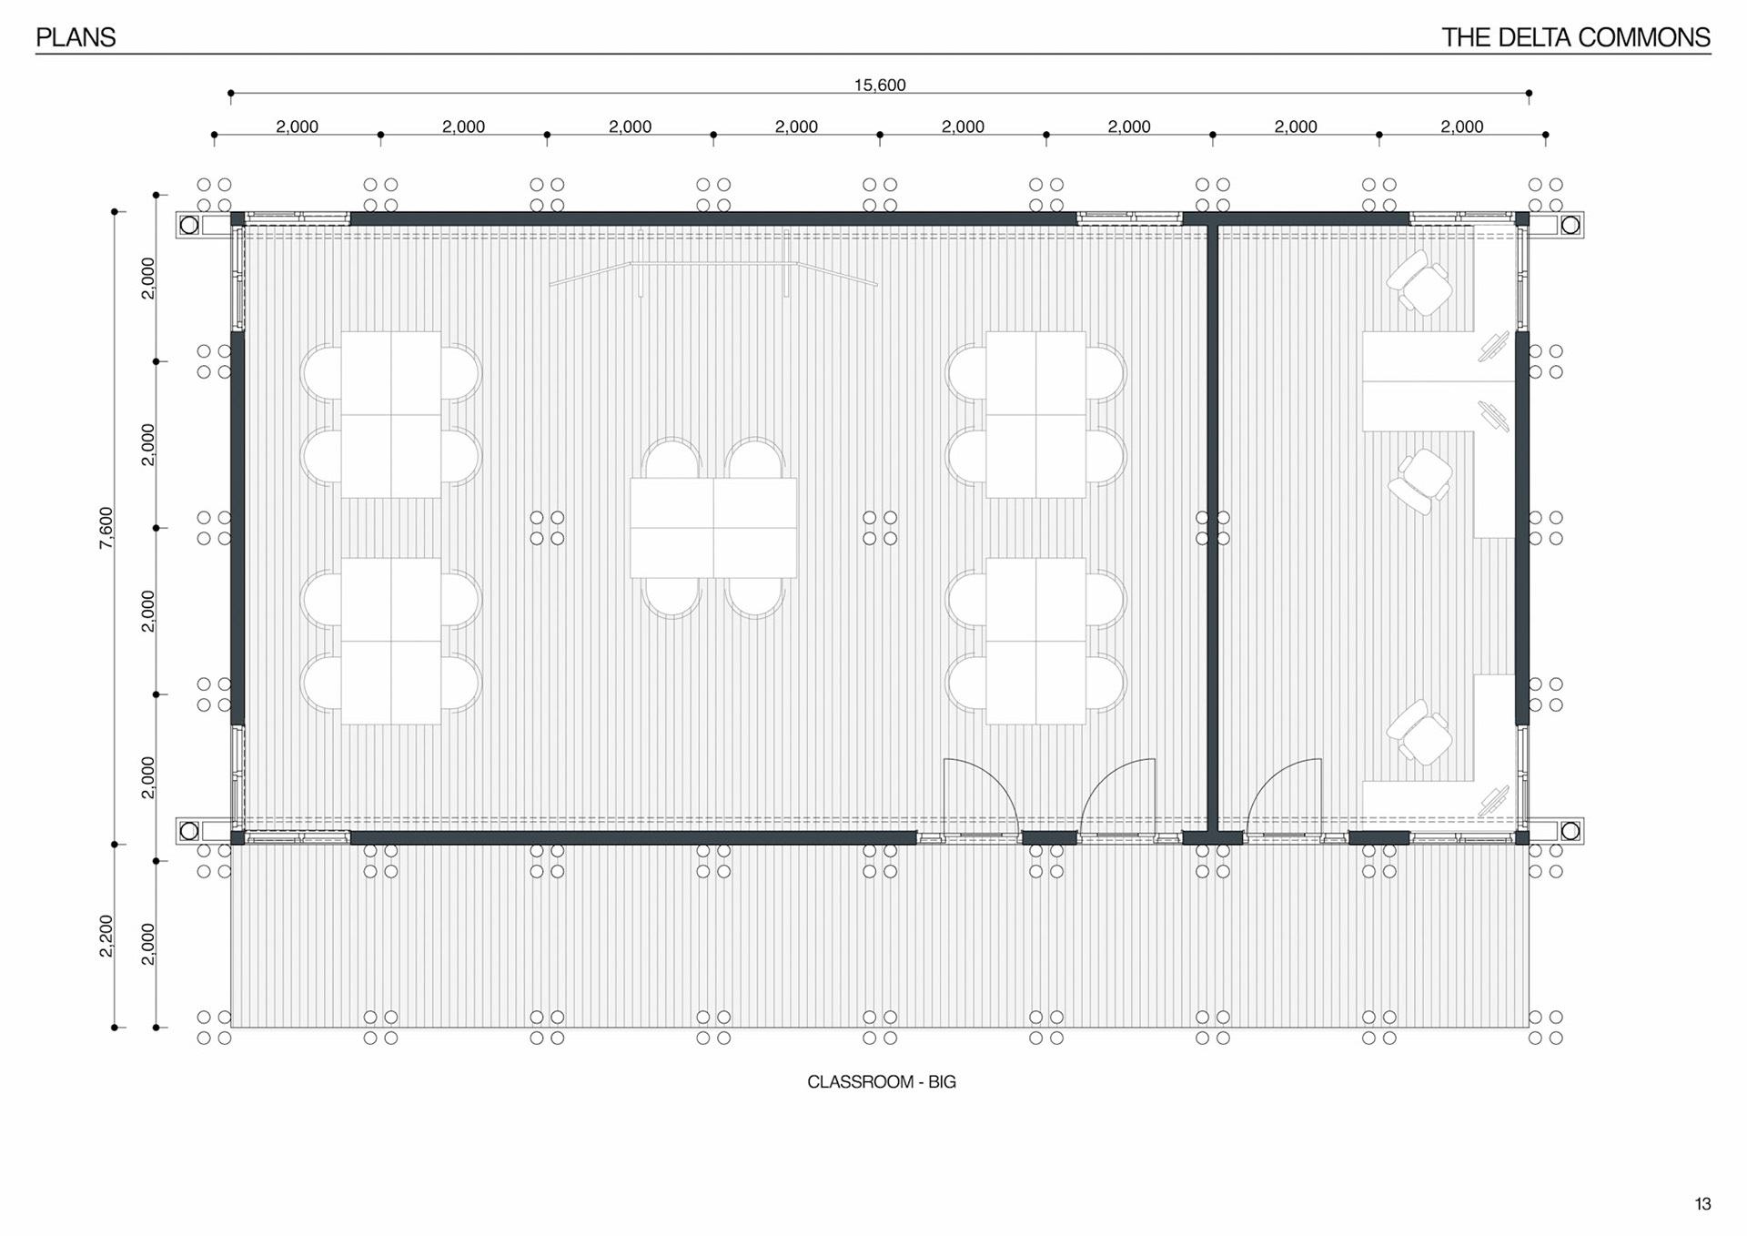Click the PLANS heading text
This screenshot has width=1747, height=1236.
click(76, 37)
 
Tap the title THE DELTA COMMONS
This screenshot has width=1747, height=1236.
click(1575, 37)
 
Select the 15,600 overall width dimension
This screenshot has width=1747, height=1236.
click(880, 85)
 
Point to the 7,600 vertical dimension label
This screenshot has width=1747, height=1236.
click(106, 528)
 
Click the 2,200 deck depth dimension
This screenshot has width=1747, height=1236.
click(106, 936)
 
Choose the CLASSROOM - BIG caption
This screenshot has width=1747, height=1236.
click(882, 1082)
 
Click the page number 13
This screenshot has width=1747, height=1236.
click(1702, 1204)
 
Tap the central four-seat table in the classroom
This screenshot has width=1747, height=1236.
click(713, 528)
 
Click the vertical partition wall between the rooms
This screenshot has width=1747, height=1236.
click(1212, 528)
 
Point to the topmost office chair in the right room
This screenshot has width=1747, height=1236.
click(1419, 283)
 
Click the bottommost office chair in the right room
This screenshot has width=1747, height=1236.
click(1419, 733)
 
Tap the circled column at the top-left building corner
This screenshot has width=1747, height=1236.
click(189, 225)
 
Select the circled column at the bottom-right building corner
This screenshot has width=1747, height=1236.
click(1570, 831)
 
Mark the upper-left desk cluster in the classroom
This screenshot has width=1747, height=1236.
click(391, 414)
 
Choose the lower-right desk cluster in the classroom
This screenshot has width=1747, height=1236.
click(1035, 642)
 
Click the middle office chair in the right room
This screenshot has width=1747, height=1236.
click(1419, 482)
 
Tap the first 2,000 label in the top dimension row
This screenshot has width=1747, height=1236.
click(298, 127)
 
